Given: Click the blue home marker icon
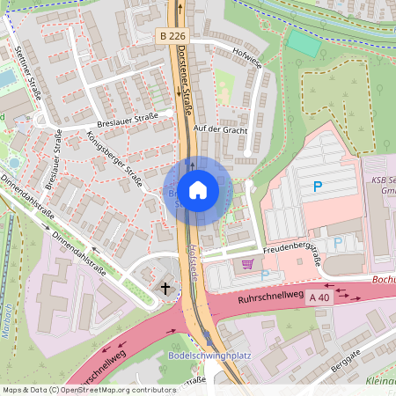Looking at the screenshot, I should pos(197,189).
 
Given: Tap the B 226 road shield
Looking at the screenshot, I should pos(172,36).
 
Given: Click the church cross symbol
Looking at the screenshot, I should pos(165,288).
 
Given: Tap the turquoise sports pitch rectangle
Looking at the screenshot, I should pos(304,42).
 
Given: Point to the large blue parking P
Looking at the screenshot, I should pos(317,186).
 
